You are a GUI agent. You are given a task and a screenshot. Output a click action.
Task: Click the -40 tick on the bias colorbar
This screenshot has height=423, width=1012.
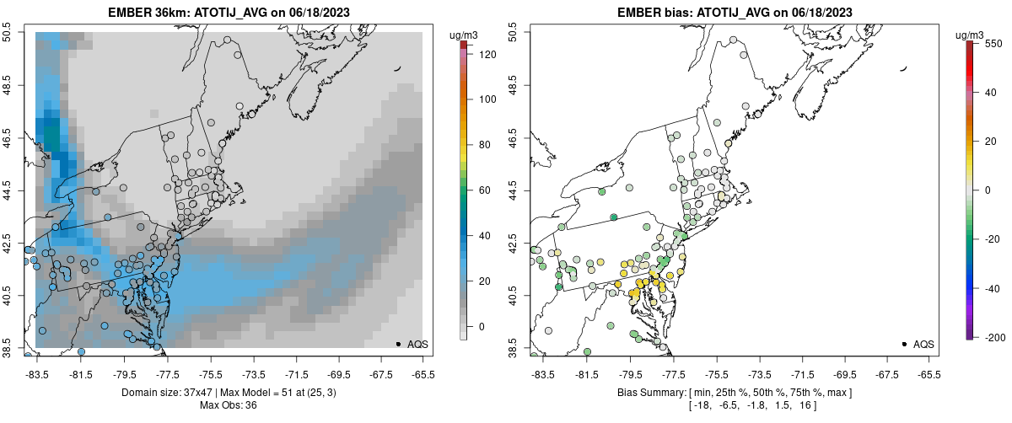pyautogui.click(x=992, y=288)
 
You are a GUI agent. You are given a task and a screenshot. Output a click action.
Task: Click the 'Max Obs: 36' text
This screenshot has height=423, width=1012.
pyautogui.click(x=228, y=405)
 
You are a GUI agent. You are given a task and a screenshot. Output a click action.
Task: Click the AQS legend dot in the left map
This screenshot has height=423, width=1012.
pyautogui.click(x=397, y=345)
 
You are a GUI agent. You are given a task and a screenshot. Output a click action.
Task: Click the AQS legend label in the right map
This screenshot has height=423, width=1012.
pyautogui.click(x=923, y=345)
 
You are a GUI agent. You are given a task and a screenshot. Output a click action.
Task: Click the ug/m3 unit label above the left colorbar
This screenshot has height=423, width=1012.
pyautogui.click(x=462, y=35)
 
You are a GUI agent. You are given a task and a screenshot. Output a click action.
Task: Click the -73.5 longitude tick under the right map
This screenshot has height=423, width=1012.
pyautogui.click(x=759, y=375)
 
